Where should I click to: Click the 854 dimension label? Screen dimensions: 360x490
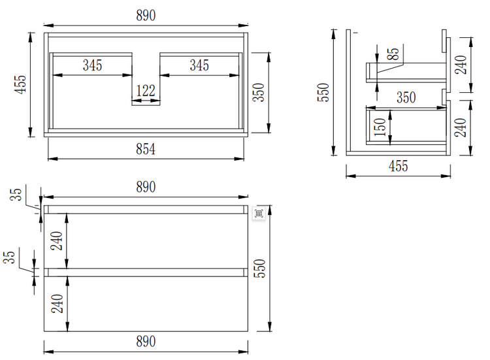146,150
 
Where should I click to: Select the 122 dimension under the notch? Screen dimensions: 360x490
145,91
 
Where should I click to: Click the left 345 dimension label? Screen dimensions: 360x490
92,65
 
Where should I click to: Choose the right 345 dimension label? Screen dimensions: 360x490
199,65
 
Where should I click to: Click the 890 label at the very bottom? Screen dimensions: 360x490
146,341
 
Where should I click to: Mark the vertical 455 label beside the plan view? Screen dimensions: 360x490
20,85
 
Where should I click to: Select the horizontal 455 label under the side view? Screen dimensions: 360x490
398,166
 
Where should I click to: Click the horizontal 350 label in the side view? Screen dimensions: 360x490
406,97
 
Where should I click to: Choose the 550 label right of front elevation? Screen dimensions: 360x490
260,269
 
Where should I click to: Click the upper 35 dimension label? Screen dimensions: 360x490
17,194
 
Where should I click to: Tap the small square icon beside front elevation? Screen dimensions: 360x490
258,214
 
